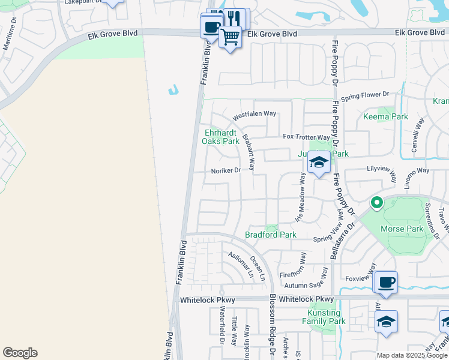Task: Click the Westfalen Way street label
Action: pos(254,113)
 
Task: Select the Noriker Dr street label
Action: pos(226,170)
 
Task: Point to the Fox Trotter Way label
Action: pos(307,137)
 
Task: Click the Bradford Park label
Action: pos(271,235)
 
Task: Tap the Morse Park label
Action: pos(402,229)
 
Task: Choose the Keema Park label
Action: pos(385,116)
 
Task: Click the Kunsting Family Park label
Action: pos(324,317)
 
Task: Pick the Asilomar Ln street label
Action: pos(241,264)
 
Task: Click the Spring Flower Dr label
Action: pos(365,96)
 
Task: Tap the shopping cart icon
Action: pos(230,37)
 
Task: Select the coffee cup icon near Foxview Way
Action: pos(385,282)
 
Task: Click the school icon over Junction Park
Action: pos(319,163)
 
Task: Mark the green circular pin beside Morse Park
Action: pos(376,203)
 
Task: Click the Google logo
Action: pos(20,353)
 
